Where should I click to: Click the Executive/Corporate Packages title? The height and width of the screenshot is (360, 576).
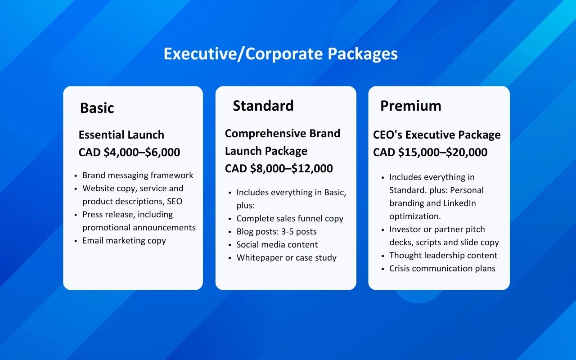tap(280, 54)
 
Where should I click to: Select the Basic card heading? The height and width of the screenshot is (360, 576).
tap(97, 108)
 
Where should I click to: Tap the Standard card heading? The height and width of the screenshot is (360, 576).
tap(263, 106)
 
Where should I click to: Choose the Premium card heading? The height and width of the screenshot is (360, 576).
tap(411, 106)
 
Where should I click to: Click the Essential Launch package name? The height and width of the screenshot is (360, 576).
tap(121, 135)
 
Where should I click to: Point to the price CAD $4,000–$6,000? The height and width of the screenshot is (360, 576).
tap(129, 152)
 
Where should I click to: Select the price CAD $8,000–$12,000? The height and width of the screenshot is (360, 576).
tap(279, 168)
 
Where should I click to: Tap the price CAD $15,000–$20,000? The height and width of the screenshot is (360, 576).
tap(430, 152)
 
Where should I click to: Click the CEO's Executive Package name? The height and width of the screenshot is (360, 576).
tap(436, 135)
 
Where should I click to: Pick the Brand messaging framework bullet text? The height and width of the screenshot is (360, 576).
tap(138, 175)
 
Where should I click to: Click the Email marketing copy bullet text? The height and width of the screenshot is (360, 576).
tap(124, 241)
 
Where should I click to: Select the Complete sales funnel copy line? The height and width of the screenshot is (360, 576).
tap(290, 219)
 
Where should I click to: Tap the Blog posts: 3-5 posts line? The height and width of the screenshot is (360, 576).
tap(276, 232)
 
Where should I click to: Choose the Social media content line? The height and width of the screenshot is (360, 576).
tap(277, 244)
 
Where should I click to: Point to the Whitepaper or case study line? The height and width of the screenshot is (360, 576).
tap(287, 258)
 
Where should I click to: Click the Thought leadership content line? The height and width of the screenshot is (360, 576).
tap(443, 255)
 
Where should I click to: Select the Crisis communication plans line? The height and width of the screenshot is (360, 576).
tap(442, 269)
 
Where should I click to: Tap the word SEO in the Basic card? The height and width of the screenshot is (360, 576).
tap(175, 201)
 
